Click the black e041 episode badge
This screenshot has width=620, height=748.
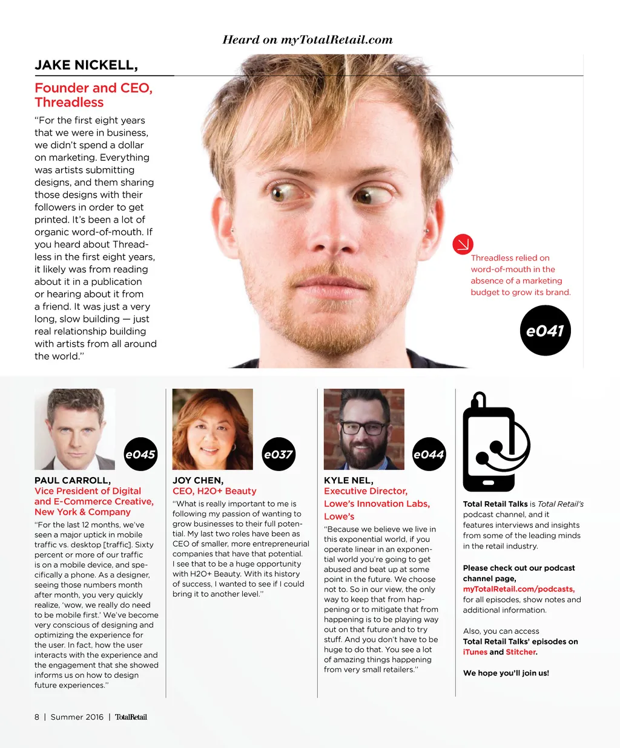pyautogui.click(x=545, y=330)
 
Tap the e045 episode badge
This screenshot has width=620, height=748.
pyautogui.click(x=140, y=454)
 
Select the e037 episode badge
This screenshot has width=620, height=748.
pyautogui.click(x=279, y=454)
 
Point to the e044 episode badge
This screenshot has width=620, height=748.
pyautogui.click(x=429, y=454)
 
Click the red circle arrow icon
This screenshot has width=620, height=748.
pyautogui.click(x=463, y=244)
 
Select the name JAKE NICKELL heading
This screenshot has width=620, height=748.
pyautogui.click(x=86, y=65)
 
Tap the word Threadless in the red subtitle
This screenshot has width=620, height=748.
pyautogui.click(x=69, y=103)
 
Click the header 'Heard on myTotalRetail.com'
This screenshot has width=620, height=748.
pyautogui.click(x=308, y=40)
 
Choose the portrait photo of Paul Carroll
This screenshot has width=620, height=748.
pyautogui.click(x=74, y=429)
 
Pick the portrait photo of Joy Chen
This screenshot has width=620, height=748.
pyautogui.click(x=213, y=429)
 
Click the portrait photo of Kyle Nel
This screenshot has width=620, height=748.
pyautogui.click(x=364, y=429)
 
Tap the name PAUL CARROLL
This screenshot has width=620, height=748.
pyautogui.click(x=73, y=481)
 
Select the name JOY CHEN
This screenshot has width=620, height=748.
pyautogui.click(x=198, y=481)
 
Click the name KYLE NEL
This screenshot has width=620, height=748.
pyautogui.click(x=349, y=481)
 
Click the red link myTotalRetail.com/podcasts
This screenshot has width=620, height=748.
pyautogui.click(x=518, y=589)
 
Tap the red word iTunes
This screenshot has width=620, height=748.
pyautogui.click(x=475, y=652)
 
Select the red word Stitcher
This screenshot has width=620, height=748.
pyautogui.click(x=520, y=652)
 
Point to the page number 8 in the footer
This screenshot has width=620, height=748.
pyautogui.click(x=37, y=717)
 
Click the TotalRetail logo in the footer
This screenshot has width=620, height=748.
pyautogui.click(x=131, y=717)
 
